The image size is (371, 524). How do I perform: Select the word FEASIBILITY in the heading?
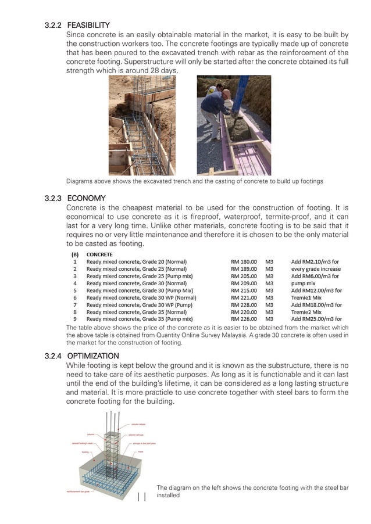pyautogui.click(x=88, y=26)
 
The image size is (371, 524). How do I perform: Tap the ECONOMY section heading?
pyautogui.click(x=87, y=199)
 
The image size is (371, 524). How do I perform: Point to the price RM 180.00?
pyautogui.click(x=244, y=262)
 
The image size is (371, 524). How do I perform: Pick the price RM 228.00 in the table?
pyautogui.click(x=244, y=304)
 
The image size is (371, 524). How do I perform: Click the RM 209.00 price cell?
pyautogui.click(x=244, y=283)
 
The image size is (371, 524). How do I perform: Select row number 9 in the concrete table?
pyautogui.click(x=74, y=318)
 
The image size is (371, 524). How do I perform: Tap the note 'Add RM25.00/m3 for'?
pyautogui.click(x=316, y=318)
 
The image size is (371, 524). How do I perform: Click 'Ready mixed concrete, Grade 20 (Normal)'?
pyautogui.click(x=137, y=262)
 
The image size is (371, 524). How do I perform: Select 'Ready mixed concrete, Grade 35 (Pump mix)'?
pyautogui.click(x=140, y=318)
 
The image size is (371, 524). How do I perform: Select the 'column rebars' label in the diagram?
pyautogui.click(x=138, y=425)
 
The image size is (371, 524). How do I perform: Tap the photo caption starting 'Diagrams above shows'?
pyautogui.click(x=195, y=181)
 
